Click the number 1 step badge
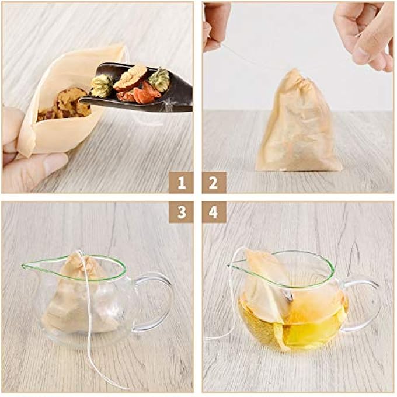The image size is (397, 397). click(x=182, y=183)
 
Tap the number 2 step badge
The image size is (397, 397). click(x=214, y=183)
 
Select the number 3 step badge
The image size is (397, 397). click(x=182, y=212)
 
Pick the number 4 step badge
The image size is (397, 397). click(x=214, y=212)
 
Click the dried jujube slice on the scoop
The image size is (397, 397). click(x=131, y=76)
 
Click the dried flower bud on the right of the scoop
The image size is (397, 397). click(x=159, y=79)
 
